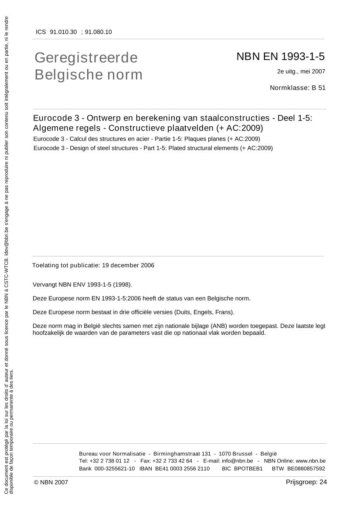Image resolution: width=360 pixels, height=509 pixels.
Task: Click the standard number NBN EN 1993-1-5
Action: pyautogui.click(x=280, y=57)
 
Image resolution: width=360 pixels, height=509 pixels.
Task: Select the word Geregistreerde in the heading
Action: pyautogui.click(x=86, y=57)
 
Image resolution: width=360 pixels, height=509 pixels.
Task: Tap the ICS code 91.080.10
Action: pyautogui.click(x=98, y=32)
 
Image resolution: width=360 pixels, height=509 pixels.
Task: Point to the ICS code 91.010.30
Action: pyautogui.click(x=63, y=32)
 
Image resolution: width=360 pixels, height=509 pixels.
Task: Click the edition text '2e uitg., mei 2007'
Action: pyautogui.click(x=301, y=71)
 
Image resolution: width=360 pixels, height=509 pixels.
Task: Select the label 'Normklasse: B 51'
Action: pyautogui.click(x=297, y=88)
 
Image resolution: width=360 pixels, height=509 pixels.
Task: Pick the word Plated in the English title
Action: pyautogui.click(x=177, y=148)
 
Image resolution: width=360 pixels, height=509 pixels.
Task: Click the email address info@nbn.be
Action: pyautogui.click(x=237, y=461)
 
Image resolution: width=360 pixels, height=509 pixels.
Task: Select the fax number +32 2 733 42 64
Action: pyautogui.click(x=172, y=461)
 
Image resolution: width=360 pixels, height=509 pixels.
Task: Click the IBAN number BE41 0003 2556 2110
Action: pyautogui.click(x=182, y=469)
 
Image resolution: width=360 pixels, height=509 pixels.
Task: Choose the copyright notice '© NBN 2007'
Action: pyautogui.click(x=51, y=482)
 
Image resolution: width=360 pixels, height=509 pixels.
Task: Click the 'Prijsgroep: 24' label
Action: pyautogui.click(x=306, y=482)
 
